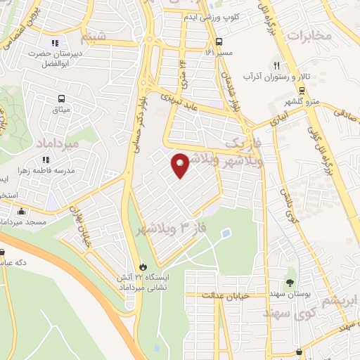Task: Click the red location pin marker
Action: click(181, 165)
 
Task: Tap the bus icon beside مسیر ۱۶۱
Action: click(219, 41)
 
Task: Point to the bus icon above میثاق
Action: click(61, 99)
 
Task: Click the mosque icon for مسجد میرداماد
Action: click(21, 212)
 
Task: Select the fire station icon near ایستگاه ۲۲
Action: click(144, 267)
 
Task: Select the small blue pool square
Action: click(225, 233)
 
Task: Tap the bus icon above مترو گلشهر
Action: click(301, 90)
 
